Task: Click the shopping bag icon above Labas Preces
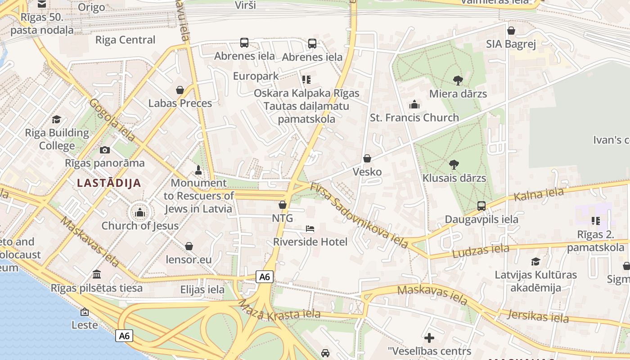tap(180, 90)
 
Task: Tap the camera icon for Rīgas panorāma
tap(105, 150)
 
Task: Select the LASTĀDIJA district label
tap(109, 183)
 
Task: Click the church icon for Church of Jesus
tap(140, 212)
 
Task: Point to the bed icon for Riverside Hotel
tap(310, 229)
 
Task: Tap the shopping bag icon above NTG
tap(283, 205)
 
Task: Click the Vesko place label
tap(367, 172)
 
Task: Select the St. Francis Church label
tap(414, 118)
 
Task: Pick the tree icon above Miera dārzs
tap(458, 81)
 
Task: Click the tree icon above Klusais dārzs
tap(454, 165)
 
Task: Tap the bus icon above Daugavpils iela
tap(481, 206)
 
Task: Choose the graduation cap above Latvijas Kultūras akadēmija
tap(535, 261)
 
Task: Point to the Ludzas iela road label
tap(481, 251)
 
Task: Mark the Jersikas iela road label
tap(538, 316)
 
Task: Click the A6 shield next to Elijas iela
tap(265, 277)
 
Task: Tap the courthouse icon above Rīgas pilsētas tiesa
tap(97, 274)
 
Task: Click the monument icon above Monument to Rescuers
tap(198, 170)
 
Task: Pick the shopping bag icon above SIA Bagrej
tap(511, 31)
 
